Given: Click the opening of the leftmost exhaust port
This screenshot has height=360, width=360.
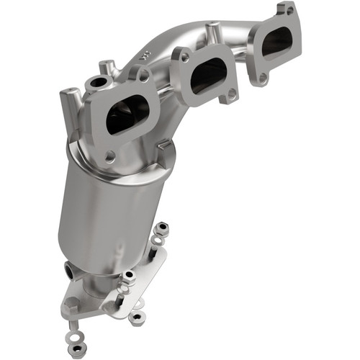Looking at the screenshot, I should (x=127, y=116).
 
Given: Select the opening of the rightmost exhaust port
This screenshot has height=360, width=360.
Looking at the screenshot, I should (x=276, y=43).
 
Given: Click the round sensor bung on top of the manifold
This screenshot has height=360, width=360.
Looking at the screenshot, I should (x=96, y=84).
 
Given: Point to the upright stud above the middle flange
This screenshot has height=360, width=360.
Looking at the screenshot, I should (x=213, y=32).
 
